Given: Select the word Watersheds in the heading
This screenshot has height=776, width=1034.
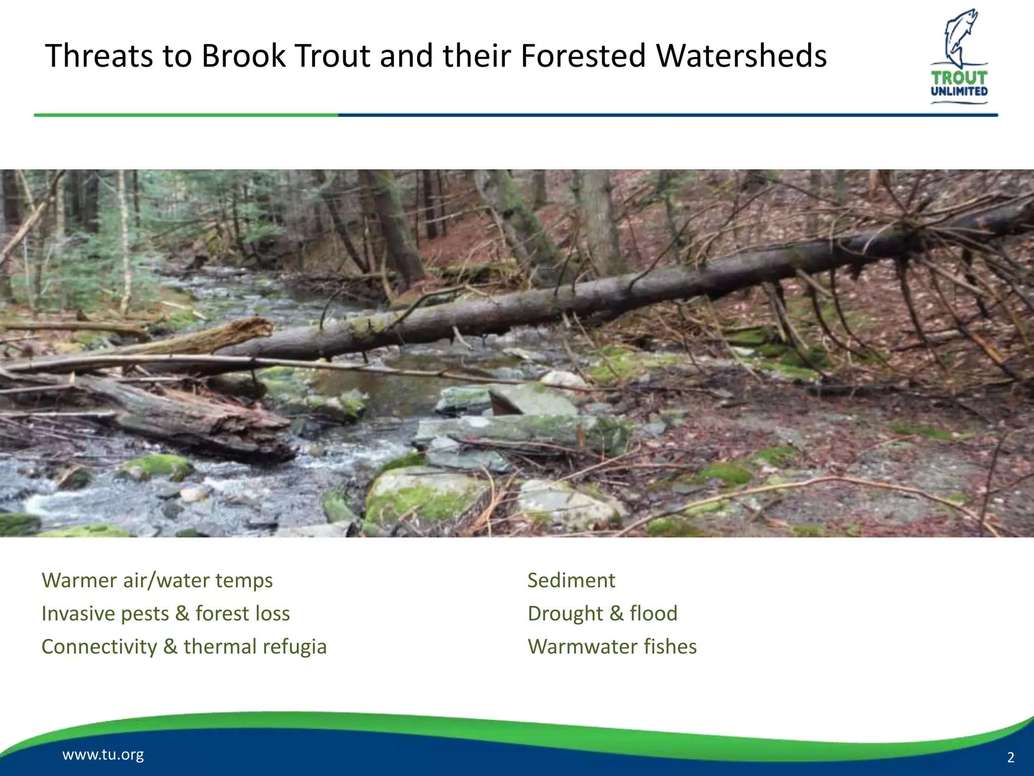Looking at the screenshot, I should click(x=741, y=56).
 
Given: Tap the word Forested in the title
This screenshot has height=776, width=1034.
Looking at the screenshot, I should click(x=583, y=56).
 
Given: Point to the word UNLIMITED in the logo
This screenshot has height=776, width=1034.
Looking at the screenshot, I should click(x=959, y=91).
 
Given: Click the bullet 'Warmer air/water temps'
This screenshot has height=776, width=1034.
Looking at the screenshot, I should click(x=157, y=580).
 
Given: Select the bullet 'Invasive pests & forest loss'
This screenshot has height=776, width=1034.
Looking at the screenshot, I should click(x=166, y=614).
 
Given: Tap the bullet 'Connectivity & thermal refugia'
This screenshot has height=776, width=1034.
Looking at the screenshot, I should click(x=184, y=647).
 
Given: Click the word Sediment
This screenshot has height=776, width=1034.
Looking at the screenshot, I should click(x=571, y=580).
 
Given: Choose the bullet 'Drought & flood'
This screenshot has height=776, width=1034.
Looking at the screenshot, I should click(x=602, y=614).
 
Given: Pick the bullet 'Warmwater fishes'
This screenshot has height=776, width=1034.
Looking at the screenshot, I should click(x=612, y=647).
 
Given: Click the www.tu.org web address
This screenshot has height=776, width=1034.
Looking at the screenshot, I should click(x=103, y=755).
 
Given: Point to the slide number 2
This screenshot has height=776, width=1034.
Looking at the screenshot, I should click(x=1011, y=757).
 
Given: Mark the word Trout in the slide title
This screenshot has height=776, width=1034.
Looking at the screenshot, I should click(x=333, y=56).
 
